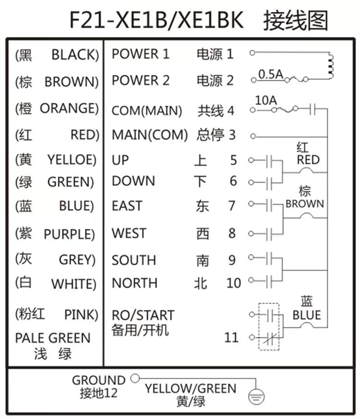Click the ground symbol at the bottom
click(256, 396)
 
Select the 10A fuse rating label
click(266, 100)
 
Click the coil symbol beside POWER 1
click(331, 66)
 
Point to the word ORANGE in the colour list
click(70, 108)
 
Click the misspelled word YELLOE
click(72, 160)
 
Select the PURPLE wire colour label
click(69, 234)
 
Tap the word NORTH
click(134, 283)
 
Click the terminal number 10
click(233, 283)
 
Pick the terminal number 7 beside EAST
click(232, 206)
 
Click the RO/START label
click(143, 315)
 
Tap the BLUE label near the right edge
click(307, 315)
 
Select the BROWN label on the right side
click(305, 204)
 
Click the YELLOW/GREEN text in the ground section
click(191, 389)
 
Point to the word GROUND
click(99, 380)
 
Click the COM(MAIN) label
click(147, 111)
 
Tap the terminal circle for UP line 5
click(251, 160)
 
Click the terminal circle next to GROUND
click(135, 378)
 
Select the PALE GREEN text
click(53, 338)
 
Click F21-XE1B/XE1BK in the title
click(156, 20)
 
